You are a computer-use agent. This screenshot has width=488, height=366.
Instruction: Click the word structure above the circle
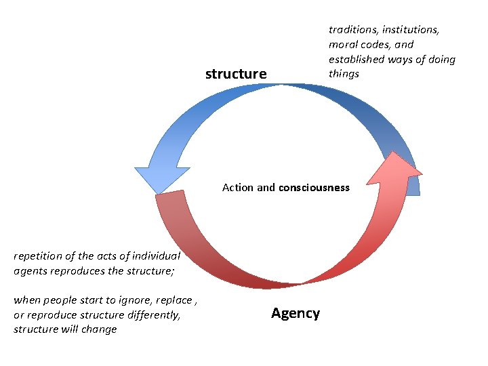coord(236,74)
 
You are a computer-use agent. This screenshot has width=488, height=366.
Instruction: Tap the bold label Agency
coord(296,313)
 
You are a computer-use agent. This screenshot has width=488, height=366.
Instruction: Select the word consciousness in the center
coord(314,188)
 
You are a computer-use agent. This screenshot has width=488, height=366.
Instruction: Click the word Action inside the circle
coord(238,188)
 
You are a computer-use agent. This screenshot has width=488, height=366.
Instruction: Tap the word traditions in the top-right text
coord(353,29)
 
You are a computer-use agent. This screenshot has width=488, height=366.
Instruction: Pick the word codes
coord(376,44)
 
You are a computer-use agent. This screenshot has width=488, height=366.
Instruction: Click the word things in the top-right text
coord(344,73)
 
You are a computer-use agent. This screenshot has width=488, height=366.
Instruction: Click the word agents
coord(30,270)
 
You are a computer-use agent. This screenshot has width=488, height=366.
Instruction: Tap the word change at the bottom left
coord(101,329)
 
